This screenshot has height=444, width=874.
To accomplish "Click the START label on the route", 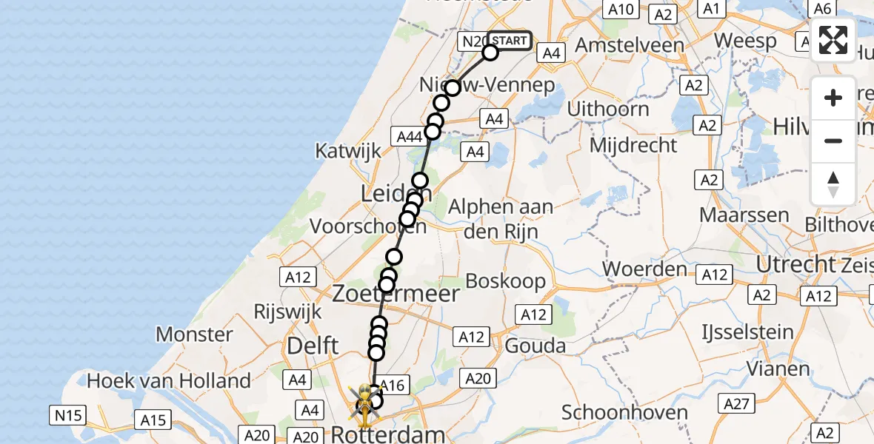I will coord(510,41).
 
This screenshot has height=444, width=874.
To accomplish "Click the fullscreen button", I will coord(833,40).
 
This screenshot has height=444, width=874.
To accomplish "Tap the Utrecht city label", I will coord(794,264).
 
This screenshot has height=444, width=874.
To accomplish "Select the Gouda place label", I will coord(535,346).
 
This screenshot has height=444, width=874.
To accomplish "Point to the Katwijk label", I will coord(347,151).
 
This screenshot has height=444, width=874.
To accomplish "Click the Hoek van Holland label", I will coord(169,381).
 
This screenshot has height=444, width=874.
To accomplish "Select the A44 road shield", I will coord(410,136).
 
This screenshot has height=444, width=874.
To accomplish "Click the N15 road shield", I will coord(67,415).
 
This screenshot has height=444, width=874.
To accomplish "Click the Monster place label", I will coord(195,334).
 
